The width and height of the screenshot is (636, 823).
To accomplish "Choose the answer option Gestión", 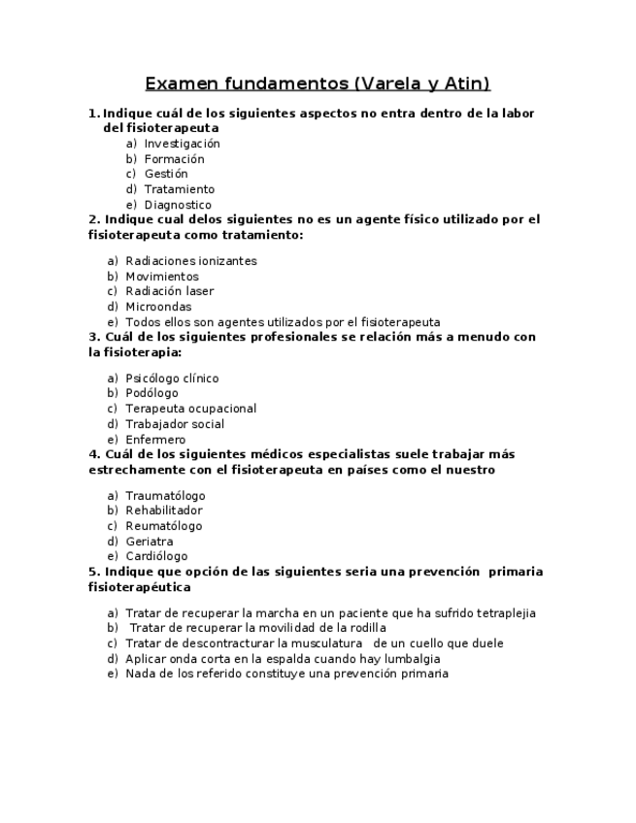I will [166, 174].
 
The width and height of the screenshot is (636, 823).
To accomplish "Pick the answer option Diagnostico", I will [178, 205].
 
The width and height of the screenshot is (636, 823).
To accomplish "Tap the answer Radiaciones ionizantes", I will [190, 261].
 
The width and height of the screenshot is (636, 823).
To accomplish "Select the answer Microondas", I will [158, 307].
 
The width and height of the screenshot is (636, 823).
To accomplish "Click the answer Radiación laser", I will [170, 291].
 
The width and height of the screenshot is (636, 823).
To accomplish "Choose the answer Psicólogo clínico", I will [172, 379].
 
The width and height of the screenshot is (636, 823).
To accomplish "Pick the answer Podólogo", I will [151, 393].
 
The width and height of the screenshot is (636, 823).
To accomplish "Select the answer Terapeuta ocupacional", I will [190, 409].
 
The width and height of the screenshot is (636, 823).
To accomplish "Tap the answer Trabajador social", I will [175, 424].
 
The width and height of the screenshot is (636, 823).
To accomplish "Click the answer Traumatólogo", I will [165, 496].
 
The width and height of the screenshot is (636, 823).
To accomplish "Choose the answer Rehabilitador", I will [164, 510].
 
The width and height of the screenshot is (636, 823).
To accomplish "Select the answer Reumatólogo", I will [164, 526].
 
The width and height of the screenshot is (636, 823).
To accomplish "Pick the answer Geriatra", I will [150, 542].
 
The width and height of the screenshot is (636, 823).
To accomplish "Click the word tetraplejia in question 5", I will [503, 613].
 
